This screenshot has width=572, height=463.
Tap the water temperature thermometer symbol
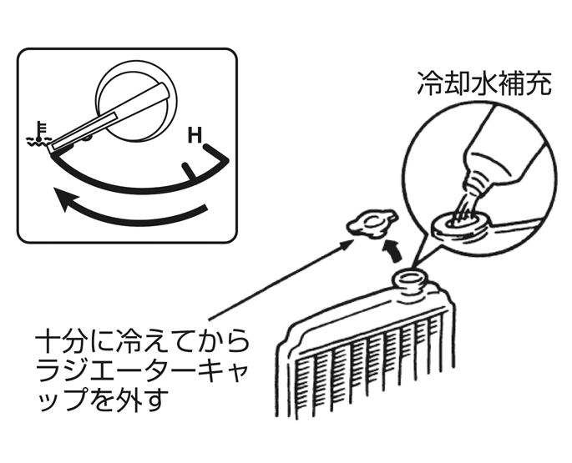[38, 133]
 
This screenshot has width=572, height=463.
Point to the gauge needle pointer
[109, 118]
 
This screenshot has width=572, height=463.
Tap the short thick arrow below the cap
[392, 249]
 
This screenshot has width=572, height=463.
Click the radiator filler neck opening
[409, 279]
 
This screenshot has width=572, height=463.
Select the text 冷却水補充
[483, 83]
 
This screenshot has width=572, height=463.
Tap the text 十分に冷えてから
[142, 341]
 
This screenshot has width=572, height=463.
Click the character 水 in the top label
[483, 83]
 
